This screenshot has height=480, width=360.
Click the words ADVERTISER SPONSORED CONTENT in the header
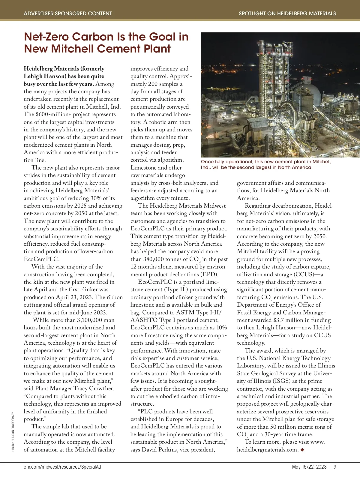(x=68, y=13)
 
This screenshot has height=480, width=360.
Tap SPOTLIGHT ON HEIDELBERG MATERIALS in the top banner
(x=287, y=13)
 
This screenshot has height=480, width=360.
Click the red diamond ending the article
(x=302, y=450)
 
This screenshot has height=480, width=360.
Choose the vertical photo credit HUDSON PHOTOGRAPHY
(x=13, y=432)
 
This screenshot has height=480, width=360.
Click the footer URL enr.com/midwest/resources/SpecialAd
(x=62, y=467)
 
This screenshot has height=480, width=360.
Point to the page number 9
(x=335, y=467)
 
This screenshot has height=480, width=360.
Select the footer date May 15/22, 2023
(x=309, y=467)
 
